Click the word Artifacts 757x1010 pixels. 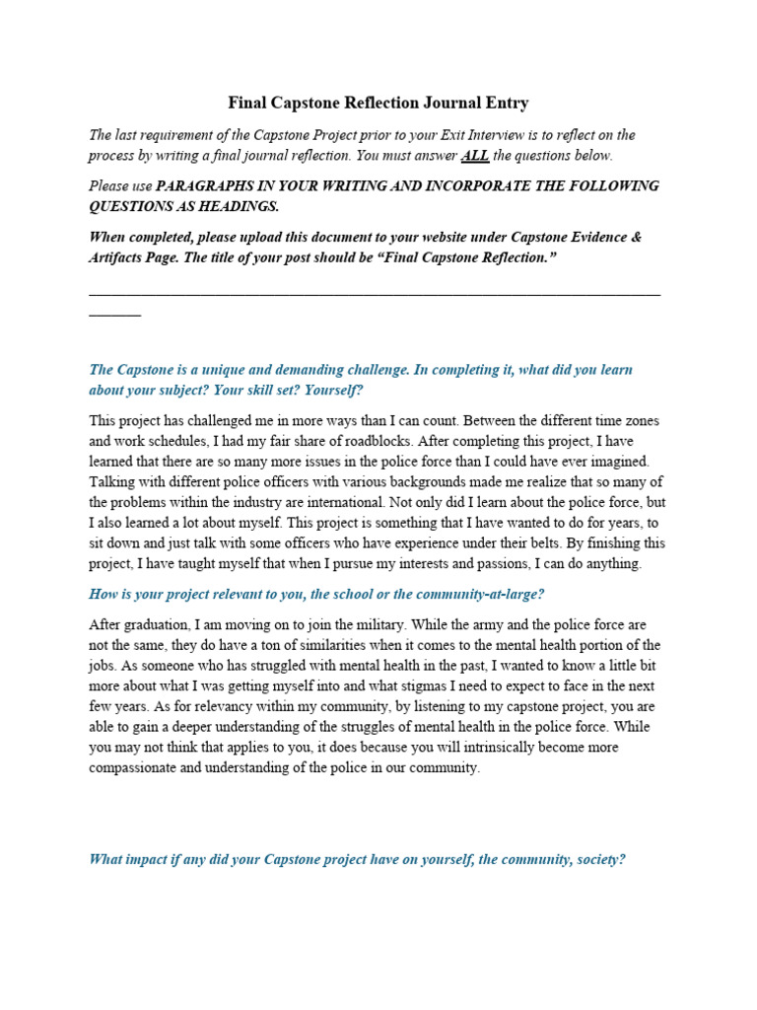[121, 256]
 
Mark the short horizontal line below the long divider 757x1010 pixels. [114, 314]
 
